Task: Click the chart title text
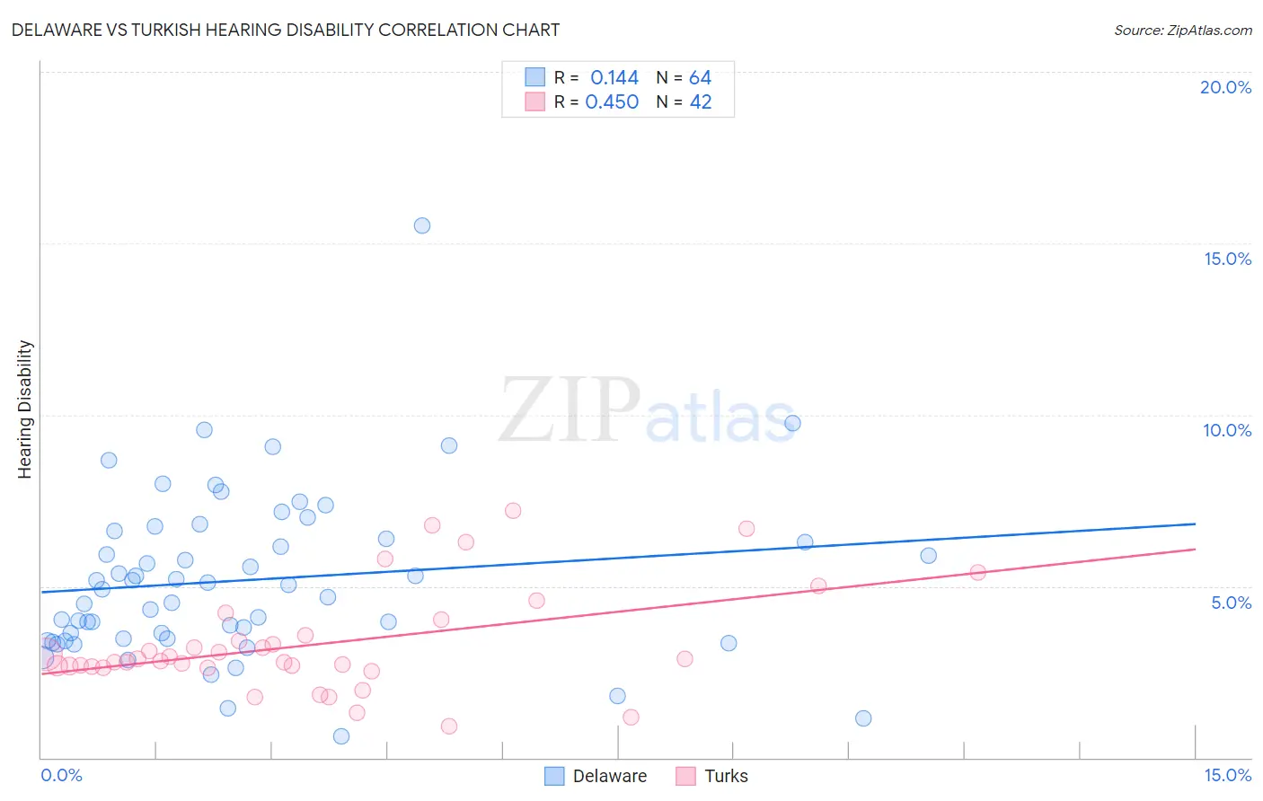(x=285, y=31)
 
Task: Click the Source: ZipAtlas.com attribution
(x=1182, y=31)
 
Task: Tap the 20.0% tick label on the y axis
(x=1225, y=87)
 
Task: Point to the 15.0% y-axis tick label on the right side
(x=1227, y=259)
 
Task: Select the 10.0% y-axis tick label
(x=1227, y=430)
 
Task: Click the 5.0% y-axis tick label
(x=1231, y=603)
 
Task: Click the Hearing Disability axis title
(x=25, y=409)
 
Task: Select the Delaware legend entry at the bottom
(x=609, y=777)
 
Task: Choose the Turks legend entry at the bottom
(x=726, y=777)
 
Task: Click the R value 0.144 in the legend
(x=614, y=78)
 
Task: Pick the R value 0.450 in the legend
(x=612, y=102)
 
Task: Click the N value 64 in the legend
(x=700, y=78)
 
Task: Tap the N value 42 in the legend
(x=700, y=102)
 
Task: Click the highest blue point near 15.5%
(x=422, y=225)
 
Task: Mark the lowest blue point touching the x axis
(x=341, y=736)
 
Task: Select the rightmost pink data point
(x=978, y=572)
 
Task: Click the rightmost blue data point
(x=929, y=556)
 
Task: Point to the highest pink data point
(x=513, y=511)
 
